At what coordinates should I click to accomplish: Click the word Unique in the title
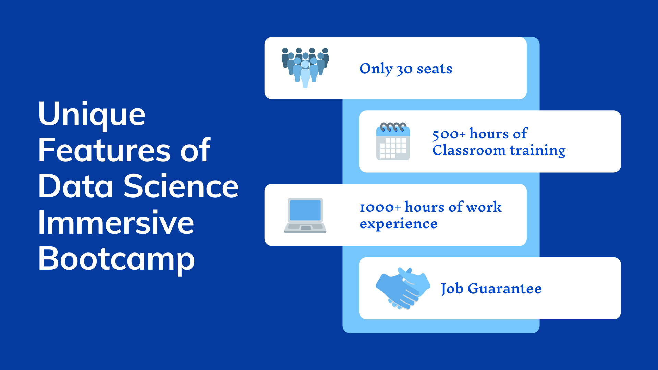[x=92, y=114]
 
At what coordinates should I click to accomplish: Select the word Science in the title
[x=181, y=186]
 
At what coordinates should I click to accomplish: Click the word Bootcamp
[x=117, y=259]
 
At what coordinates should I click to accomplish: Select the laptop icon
[x=305, y=215]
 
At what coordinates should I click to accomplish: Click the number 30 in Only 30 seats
[x=404, y=70]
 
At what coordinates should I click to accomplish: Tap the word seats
[x=435, y=69]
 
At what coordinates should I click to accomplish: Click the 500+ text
[x=449, y=134]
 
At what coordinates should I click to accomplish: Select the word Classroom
[x=469, y=150]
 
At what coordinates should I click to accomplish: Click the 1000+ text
[x=380, y=207]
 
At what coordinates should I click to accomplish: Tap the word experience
[x=399, y=224]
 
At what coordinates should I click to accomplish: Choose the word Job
[x=452, y=288]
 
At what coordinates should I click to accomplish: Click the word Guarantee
[x=504, y=288]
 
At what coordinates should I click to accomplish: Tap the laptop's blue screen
[x=305, y=210]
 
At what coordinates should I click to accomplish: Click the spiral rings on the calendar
[x=393, y=127]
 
